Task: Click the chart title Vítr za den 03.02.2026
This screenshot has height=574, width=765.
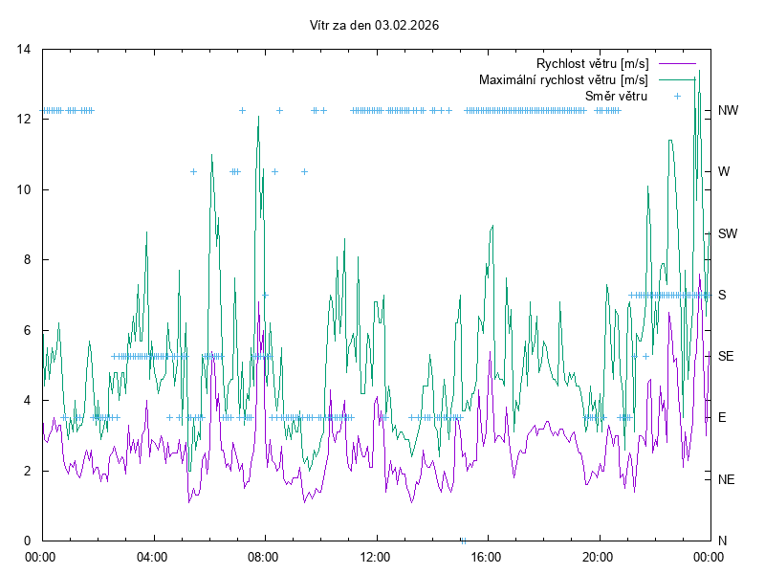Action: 375,26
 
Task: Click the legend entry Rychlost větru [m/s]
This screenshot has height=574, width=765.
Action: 592,64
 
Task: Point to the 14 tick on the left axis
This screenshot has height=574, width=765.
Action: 25,49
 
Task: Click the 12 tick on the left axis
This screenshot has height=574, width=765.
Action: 25,120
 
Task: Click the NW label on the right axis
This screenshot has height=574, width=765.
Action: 728,111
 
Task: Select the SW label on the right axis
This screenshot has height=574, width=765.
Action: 728,233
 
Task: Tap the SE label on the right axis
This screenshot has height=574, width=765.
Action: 726,356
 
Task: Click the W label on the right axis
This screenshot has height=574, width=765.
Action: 724,172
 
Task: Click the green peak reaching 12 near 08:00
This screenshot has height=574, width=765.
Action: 258,118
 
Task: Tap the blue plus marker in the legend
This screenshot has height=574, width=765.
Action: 677,96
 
